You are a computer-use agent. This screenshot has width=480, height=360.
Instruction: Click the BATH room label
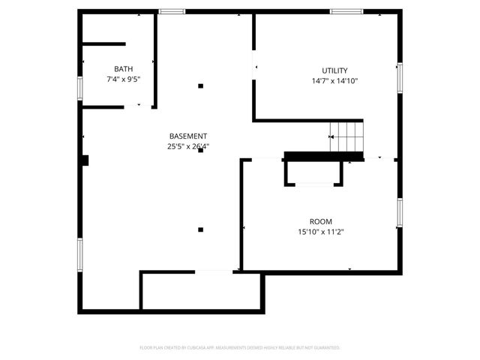pos(124,69)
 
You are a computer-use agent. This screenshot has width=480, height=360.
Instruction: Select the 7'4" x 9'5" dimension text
pos(124,79)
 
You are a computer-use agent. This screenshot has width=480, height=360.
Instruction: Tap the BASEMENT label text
pos(188,136)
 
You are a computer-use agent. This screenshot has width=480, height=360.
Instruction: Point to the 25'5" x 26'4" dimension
pos(188,147)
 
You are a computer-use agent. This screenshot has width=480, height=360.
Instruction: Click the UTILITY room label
pos(334,70)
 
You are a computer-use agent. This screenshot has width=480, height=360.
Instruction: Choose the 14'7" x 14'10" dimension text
pos(334,81)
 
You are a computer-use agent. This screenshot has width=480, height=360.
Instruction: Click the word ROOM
pos(321,221)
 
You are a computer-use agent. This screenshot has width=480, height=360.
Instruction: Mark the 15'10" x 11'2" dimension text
pos(321,232)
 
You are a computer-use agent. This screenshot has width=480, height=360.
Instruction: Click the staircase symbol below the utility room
pos(348,136)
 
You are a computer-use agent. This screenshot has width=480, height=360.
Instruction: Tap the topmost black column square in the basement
pos(200,85)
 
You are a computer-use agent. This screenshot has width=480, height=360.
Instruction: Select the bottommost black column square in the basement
pos(200,229)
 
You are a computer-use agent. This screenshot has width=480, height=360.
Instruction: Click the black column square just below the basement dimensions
pos(200,151)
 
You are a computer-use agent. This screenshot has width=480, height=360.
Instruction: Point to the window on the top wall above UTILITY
pos(346,11)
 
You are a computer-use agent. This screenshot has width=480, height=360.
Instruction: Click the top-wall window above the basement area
pos(172,11)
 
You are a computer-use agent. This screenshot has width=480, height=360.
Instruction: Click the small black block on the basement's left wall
pos(86,160)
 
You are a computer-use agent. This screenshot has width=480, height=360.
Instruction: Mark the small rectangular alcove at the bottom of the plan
pos(202,290)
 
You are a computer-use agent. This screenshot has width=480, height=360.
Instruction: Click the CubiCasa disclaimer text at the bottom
pos(240,348)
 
